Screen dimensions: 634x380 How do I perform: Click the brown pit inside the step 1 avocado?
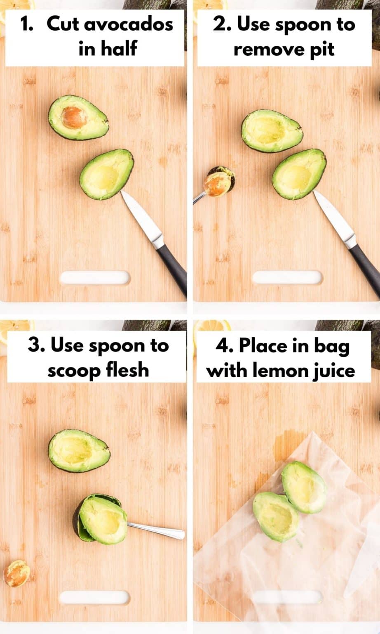74,117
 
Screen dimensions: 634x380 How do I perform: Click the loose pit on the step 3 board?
16,573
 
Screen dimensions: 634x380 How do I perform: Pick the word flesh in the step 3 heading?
127,370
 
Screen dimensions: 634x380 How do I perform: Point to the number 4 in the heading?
222,345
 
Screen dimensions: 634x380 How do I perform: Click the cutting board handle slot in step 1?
95,278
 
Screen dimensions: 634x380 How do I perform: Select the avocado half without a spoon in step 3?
79,450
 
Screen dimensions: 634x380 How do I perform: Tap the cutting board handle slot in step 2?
287,278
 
